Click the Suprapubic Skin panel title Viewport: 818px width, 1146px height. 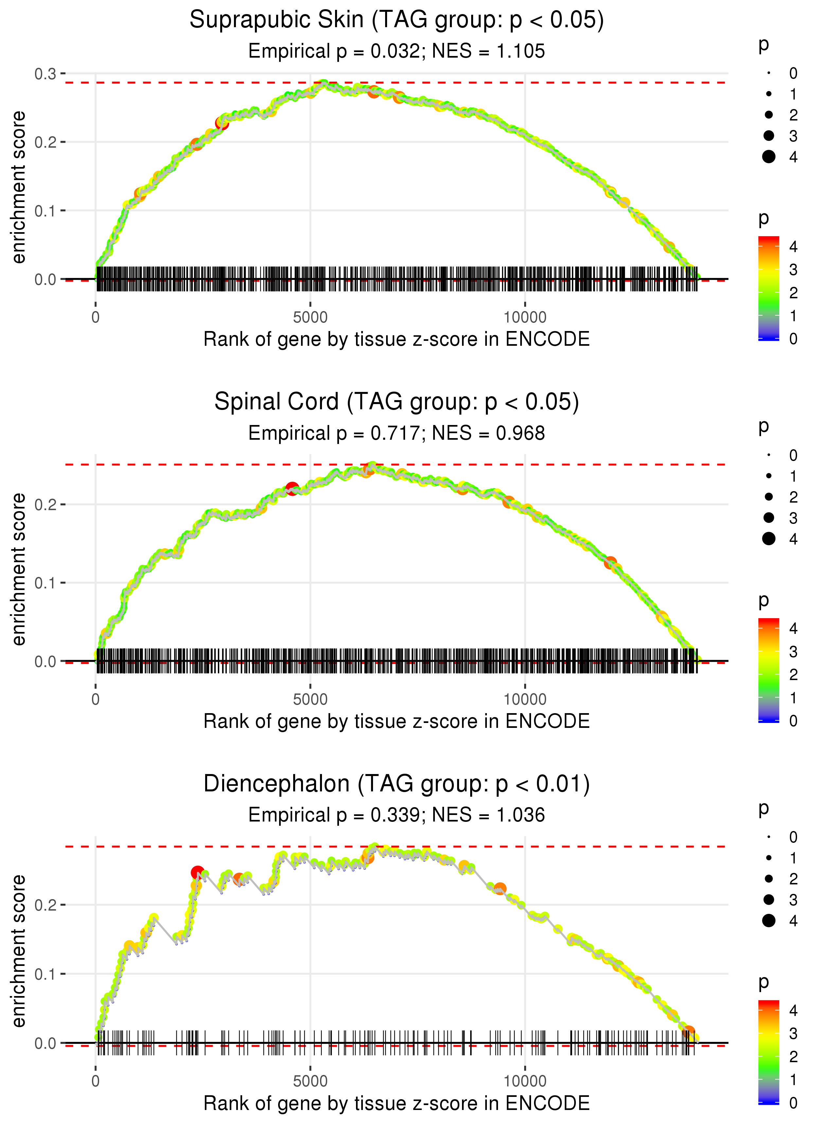(x=397, y=20)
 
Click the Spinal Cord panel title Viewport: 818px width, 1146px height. (x=397, y=402)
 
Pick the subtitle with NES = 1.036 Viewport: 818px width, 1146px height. (x=397, y=815)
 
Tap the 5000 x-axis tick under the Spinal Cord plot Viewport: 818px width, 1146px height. (x=310, y=699)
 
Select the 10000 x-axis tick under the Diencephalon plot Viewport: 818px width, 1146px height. (x=525, y=1081)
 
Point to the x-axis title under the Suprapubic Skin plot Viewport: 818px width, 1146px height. (x=397, y=340)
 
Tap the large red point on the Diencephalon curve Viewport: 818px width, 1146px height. (x=197, y=872)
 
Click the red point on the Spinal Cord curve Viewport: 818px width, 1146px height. (x=292, y=488)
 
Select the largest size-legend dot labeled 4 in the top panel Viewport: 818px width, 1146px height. (x=769, y=157)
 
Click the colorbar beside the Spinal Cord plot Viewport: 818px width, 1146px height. (x=769, y=670)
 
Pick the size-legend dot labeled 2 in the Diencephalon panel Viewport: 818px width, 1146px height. (x=769, y=879)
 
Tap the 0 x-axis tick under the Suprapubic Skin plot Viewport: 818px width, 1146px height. (x=96, y=318)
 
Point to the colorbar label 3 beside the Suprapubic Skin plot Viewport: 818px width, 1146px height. (x=793, y=270)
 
